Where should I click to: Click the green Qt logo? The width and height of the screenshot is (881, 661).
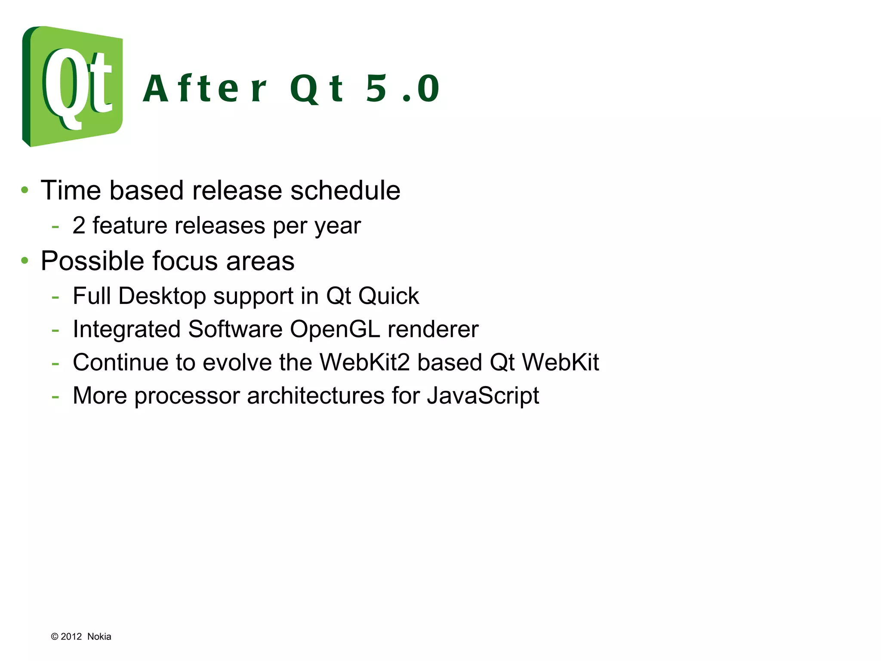(72, 86)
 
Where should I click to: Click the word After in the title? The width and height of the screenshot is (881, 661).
(204, 89)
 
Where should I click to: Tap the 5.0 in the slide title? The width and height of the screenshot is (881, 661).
(402, 89)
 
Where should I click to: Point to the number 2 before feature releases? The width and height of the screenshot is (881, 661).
(79, 225)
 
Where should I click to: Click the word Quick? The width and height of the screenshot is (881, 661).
(388, 296)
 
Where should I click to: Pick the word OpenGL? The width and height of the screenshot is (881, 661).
(335, 330)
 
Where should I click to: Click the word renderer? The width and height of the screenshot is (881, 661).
(433, 330)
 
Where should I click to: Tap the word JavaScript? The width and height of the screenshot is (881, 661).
(483, 396)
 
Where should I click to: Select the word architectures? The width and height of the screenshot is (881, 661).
(316, 396)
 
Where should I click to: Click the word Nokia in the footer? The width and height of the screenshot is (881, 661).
(99, 636)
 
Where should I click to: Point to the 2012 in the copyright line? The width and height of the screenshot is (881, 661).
(71, 636)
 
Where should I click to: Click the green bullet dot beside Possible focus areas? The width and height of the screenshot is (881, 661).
(25, 260)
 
